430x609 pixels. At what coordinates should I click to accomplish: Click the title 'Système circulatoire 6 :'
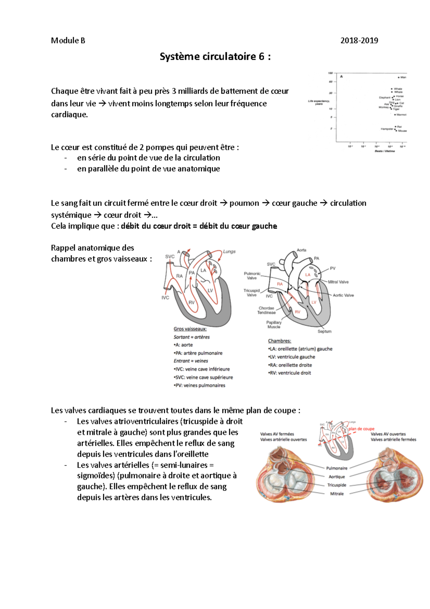click(215, 57)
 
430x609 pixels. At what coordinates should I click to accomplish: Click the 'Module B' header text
click(68, 41)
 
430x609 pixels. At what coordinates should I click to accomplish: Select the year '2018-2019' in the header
click(359, 41)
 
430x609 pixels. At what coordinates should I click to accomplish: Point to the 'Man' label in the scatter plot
click(403, 77)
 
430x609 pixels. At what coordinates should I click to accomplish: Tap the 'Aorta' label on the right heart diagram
click(301, 250)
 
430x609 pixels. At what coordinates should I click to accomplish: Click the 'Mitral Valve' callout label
click(338, 282)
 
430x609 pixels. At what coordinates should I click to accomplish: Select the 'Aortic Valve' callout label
click(343, 295)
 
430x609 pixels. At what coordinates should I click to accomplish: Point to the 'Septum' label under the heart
click(324, 331)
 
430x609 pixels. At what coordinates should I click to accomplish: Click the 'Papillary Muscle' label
click(274, 325)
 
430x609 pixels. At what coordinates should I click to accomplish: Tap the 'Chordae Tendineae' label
click(266, 310)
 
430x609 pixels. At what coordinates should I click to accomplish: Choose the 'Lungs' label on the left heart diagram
click(229, 251)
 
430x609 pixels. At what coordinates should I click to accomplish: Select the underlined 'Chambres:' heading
click(279, 341)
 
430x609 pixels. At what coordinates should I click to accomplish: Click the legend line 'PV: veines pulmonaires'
click(200, 386)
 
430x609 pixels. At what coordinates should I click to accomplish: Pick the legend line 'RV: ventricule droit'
click(290, 373)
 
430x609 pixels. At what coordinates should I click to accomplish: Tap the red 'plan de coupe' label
click(361, 429)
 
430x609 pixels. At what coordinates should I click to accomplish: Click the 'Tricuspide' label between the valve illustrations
click(336, 485)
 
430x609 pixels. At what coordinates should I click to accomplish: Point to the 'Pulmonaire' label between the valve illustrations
click(336, 468)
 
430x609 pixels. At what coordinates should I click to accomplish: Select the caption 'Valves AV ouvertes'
click(388, 434)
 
